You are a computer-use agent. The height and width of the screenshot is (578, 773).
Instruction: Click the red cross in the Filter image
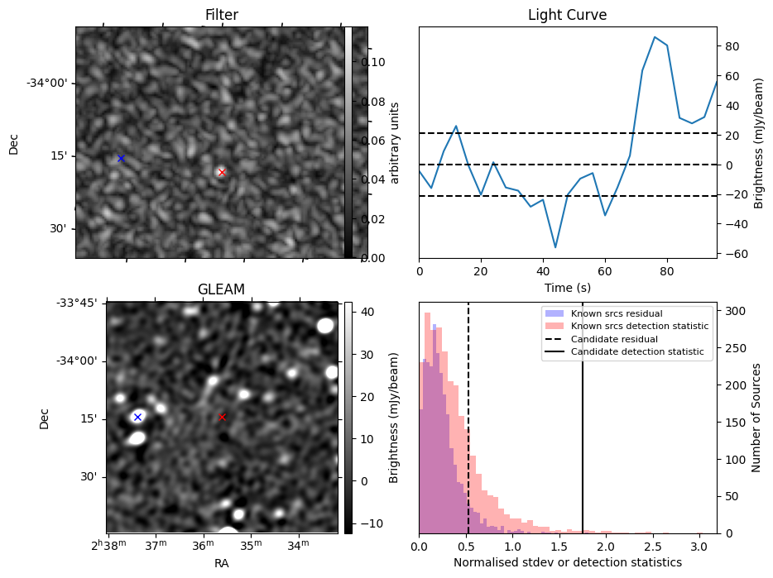coord(222,172)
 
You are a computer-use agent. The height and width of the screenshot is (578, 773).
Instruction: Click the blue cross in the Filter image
coord(121,158)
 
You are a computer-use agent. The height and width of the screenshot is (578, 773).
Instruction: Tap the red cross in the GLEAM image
coord(222,417)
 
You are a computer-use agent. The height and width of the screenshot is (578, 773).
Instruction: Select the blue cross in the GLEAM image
coord(137,417)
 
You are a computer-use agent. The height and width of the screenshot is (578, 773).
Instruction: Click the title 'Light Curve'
coord(568,15)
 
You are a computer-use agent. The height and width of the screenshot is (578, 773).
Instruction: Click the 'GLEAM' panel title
coord(221,289)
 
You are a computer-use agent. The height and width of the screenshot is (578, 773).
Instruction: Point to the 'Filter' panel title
coord(222,15)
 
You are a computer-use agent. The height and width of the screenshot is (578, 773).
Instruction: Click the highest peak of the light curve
coord(655,37)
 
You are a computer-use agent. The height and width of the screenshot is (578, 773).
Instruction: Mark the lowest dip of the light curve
coord(555,247)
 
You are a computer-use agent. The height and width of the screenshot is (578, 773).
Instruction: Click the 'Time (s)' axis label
coord(568,287)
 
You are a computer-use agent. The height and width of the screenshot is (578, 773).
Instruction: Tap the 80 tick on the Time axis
coord(667,271)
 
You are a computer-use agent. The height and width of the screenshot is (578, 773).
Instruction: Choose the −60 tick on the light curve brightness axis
coord(735,254)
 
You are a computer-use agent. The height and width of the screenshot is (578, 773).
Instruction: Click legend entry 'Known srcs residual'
coord(617,313)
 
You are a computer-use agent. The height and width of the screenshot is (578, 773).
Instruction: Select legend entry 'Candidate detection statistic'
coord(637,351)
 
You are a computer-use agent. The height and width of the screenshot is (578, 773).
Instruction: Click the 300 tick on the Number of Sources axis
coord(735,311)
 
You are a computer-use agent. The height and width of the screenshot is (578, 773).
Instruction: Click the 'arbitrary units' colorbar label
coord(395,143)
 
